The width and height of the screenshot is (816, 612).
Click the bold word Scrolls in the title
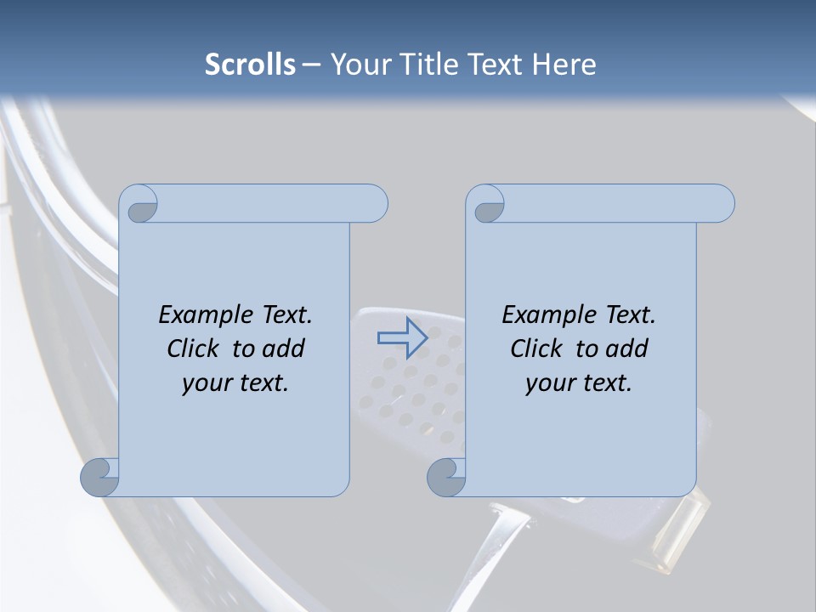click(251, 65)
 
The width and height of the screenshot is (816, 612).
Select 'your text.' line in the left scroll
click(235, 382)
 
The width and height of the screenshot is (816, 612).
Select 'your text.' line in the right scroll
click(579, 382)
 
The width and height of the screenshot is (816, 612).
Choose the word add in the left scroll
click(285, 348)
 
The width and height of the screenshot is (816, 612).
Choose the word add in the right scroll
click(628, 348)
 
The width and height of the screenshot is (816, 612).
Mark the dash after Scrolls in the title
click(311, 65)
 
